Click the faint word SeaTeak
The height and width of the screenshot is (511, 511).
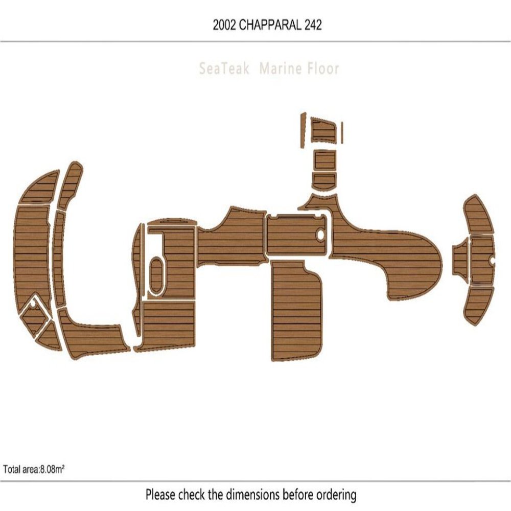click(224, 68)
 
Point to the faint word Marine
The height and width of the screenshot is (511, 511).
click(280, 68)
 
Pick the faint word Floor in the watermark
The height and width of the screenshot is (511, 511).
click(323, 68)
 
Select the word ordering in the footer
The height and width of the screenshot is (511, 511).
click(335, 495)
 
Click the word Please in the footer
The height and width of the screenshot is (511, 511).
click(160, 495)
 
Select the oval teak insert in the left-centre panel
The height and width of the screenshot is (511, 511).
click(156, 276)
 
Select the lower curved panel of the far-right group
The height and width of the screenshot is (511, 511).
click(479, 304)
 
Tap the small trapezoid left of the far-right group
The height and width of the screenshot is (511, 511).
click(460, 260)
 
